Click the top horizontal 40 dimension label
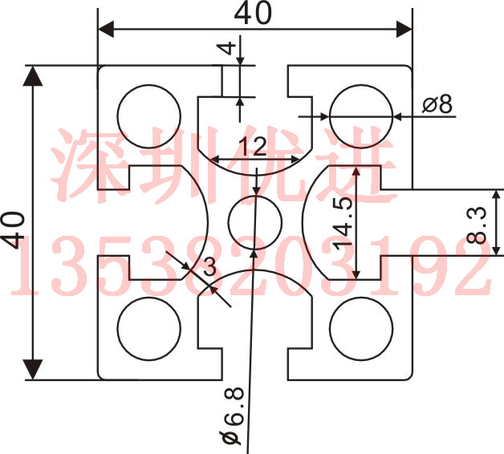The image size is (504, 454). pos(253,13)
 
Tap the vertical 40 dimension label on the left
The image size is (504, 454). pos(13,229)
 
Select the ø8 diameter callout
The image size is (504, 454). pos(437,103)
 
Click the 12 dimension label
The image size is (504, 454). pos(253,146)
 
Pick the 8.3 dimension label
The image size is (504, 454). pos(477,225)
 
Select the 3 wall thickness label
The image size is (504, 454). pos(210,266)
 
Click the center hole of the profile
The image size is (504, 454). pos(255,222)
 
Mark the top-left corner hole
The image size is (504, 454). pos(149,116)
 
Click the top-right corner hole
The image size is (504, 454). pos(361,116)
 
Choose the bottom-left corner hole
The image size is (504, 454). pos(149,329)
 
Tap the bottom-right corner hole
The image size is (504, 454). pos(361,329)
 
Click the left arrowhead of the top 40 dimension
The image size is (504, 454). pos(106,29)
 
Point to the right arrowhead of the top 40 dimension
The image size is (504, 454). pos(404,29)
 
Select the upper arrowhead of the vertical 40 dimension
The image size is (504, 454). pos(33,76)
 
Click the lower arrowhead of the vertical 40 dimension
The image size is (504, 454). pos(33,370)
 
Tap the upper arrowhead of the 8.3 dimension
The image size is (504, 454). pos(497,195)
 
